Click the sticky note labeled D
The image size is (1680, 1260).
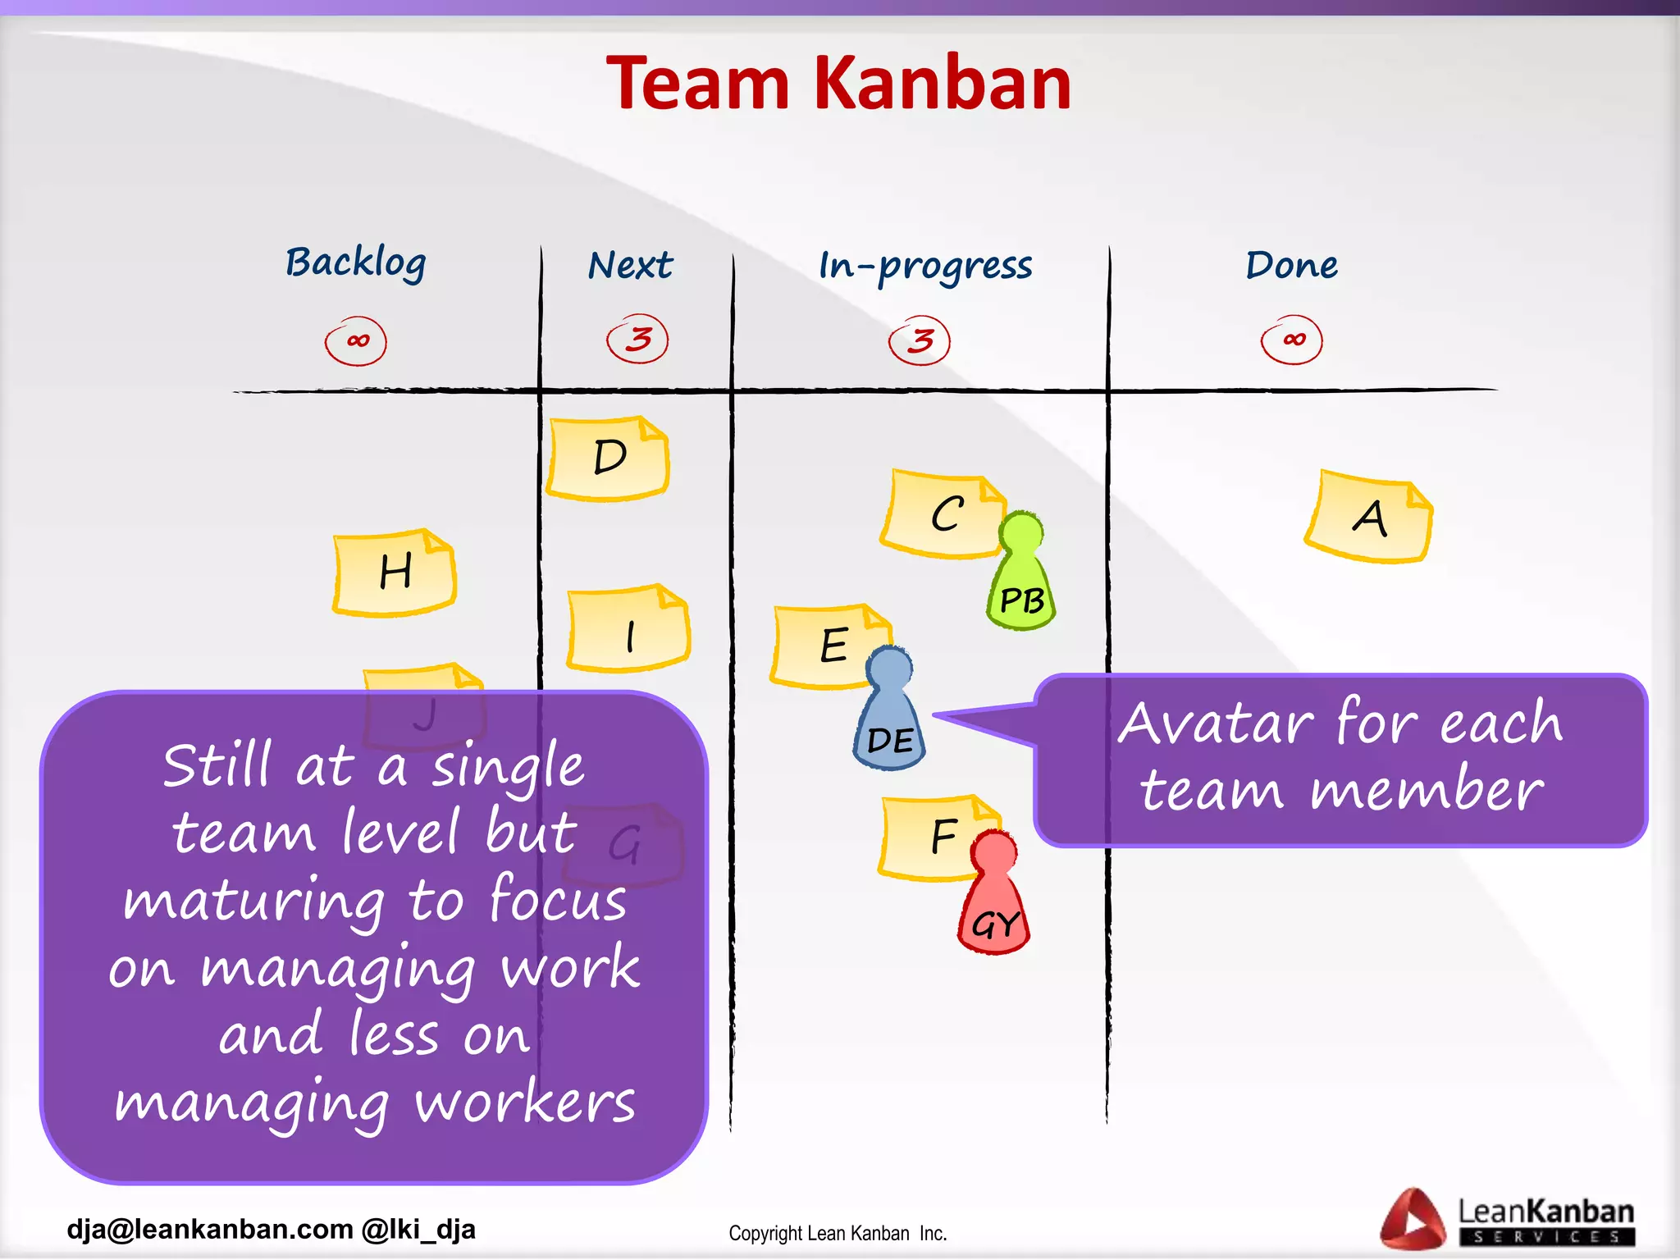[x=609, y=459]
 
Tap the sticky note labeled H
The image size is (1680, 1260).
[x=395, y=573]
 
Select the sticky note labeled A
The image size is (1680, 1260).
[x=1369, y=517]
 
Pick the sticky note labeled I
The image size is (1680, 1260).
[x=629, y=629]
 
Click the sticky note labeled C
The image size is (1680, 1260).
[x=943, y=514]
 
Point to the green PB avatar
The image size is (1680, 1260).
[x=1021, y=574]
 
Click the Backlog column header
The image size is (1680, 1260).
[x=355, y=263]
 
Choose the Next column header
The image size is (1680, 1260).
[x=630, y=266]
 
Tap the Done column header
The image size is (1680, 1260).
[x=1291, y=265]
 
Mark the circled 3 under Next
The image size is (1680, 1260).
[x=638, y=339]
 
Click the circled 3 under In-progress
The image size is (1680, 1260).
[x=920, y=340]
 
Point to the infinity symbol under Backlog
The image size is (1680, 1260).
[x=356, y=340]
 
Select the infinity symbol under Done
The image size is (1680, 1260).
[x=1292, y=340]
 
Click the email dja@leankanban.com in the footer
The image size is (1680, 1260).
[x=210, y=1230]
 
